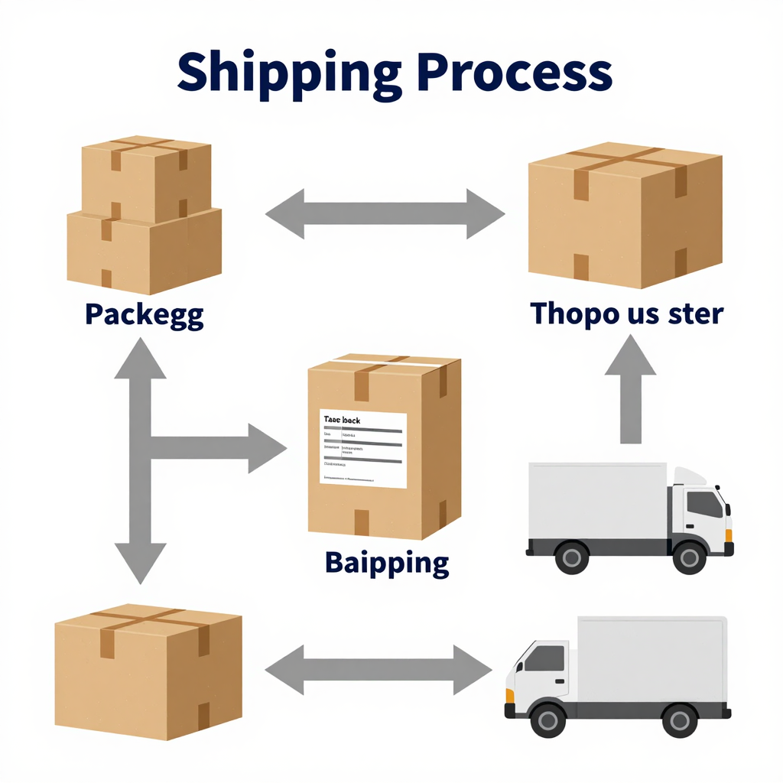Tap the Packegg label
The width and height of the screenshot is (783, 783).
144,315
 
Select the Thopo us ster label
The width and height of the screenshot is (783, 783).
626,313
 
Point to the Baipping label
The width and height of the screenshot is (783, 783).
387,563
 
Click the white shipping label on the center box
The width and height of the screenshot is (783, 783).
363,448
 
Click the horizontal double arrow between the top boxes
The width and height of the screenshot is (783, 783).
385,215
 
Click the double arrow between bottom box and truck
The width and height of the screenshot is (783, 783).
379,671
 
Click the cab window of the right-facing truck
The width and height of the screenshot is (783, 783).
703,505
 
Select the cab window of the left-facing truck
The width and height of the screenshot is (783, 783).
544,658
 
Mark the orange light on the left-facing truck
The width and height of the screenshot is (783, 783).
509,695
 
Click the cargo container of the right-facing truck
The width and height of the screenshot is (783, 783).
596,500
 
